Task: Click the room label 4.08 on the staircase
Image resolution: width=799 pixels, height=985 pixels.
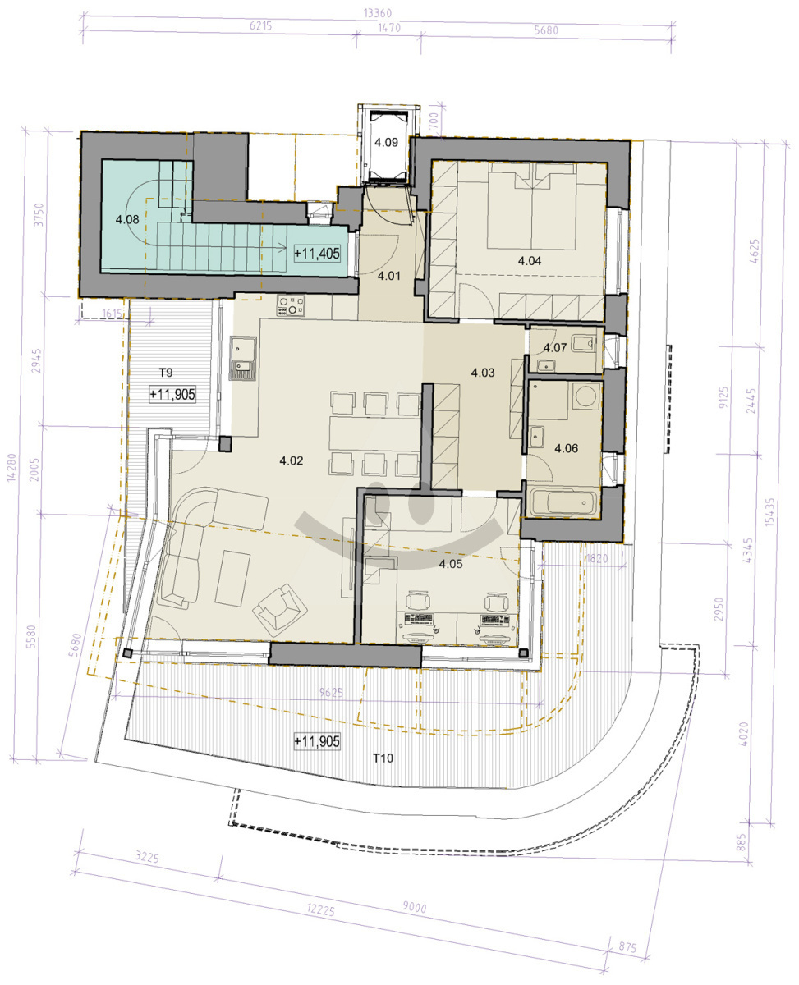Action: [127, 219]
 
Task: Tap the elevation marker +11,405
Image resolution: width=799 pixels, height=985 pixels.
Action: [317, 254]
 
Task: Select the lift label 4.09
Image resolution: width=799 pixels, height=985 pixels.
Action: [386, 142]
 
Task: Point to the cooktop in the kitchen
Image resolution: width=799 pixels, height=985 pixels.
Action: [291, 305]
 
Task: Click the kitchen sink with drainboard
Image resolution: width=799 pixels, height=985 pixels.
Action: [243, 358]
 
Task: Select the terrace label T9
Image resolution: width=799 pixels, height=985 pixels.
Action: [166, 373]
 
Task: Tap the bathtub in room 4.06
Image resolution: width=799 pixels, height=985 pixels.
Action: [564, 502]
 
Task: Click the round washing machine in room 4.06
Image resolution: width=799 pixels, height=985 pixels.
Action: [585, 396]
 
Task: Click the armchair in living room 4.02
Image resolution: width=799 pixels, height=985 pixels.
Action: [280, 612]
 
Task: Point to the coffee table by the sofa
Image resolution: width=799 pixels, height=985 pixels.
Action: [232, 578]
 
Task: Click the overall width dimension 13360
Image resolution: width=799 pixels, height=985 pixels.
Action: [378, 13]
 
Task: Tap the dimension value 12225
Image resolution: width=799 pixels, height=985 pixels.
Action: [320, 909]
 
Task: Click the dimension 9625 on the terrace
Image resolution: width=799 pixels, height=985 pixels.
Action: [331, 692]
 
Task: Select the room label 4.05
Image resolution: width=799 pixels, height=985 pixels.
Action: [450, 564]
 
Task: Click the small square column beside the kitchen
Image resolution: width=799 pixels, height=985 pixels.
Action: [225, 444]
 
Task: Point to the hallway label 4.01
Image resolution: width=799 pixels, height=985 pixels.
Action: [388, 276]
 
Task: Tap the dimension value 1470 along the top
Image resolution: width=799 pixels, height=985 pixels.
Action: [389, 28]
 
